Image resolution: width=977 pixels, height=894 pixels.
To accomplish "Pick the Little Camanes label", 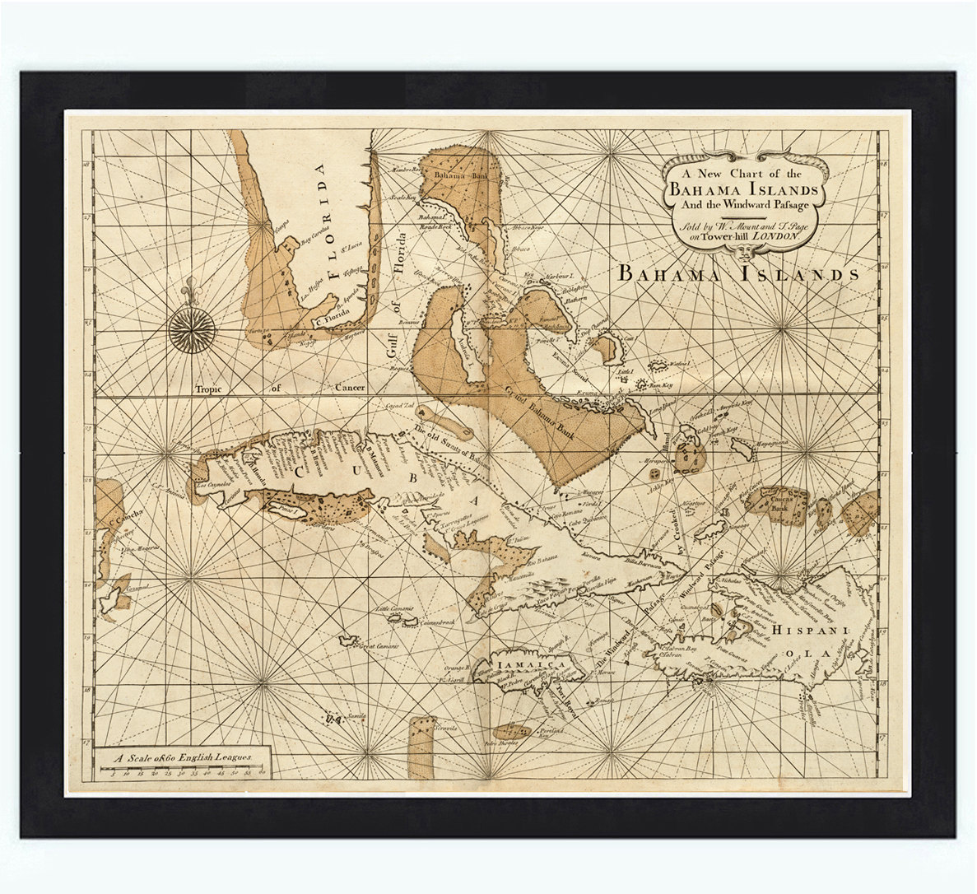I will [398, 609].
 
